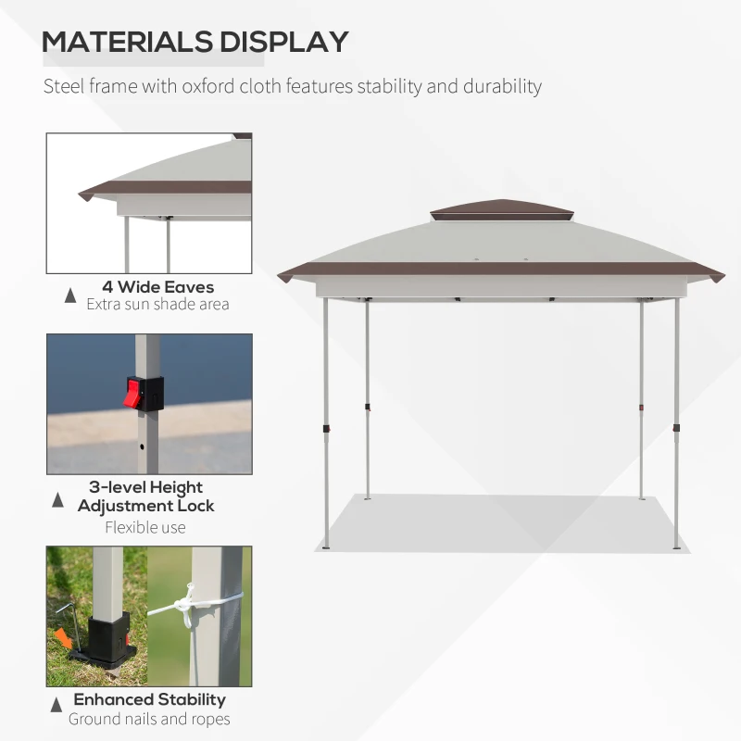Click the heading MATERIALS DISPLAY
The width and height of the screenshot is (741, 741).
tap(195, 42)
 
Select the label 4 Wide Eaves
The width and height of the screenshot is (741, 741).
tap(157, 287)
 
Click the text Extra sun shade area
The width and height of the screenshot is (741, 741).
tap(157, 304)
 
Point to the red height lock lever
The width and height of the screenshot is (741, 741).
tap(137, 393)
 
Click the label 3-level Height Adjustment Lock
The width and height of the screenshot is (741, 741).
tap(145, 496)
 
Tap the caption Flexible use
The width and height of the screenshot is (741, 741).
tap(145, 527)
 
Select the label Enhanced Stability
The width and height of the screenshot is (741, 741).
tap(149, 699)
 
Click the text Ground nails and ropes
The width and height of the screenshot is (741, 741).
tap(149, 719)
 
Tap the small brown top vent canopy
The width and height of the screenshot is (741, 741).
tap(501, 211)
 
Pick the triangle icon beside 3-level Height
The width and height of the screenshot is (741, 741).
tap(58, 500)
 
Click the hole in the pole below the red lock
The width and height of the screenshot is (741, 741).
tap(142, 446)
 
